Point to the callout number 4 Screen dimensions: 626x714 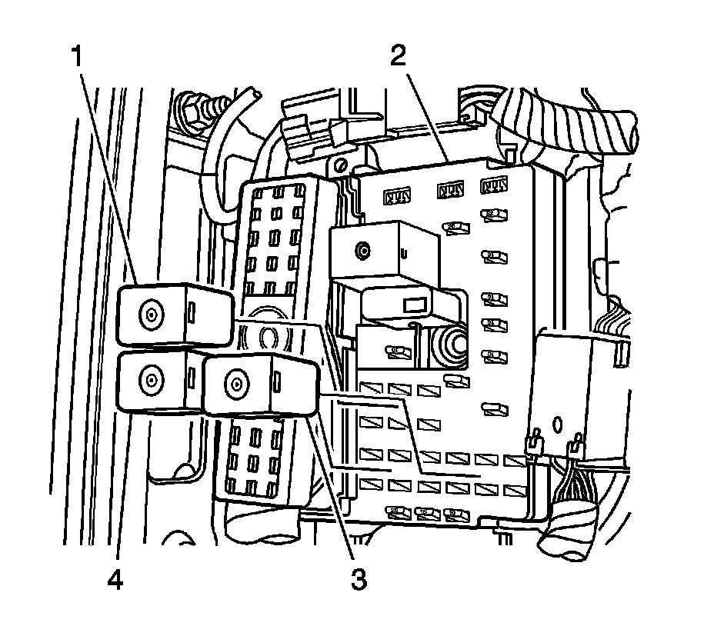coord(115,578)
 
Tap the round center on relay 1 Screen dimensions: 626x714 coord(150,312)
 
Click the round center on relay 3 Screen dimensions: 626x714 coord(236,381)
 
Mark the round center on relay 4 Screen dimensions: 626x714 coord(148,379)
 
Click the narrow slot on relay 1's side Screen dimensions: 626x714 coord(192,312)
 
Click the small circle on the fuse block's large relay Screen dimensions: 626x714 coord(360,249)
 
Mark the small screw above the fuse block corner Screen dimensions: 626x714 coord(339,164)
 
